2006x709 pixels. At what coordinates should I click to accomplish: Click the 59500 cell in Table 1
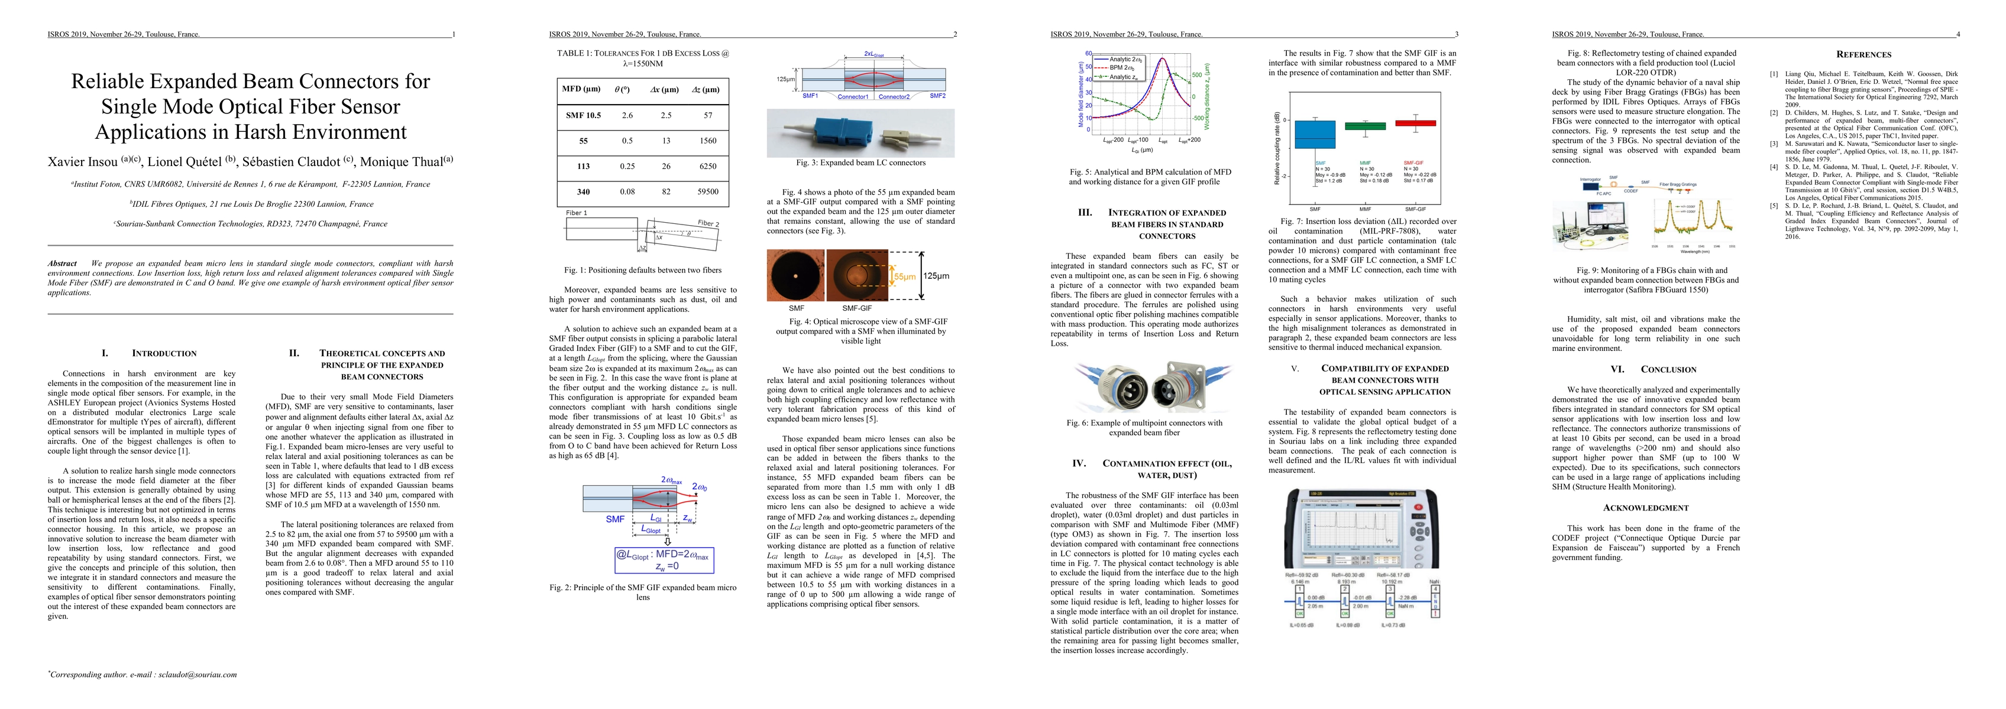click(707, 191)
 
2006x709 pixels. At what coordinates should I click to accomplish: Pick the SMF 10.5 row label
click(583, 115)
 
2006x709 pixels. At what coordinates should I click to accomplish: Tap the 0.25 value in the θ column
click(627, 166)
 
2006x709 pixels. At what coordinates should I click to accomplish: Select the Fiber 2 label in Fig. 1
click(708, 223)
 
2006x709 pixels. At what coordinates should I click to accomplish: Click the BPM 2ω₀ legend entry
click(1126, 68)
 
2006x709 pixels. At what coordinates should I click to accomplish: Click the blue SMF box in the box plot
click(1315, 134)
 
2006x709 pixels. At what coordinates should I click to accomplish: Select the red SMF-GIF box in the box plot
click(1415, 123)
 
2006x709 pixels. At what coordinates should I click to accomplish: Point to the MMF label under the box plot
click(1365, 209)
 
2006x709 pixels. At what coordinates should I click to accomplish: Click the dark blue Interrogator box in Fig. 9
click(1590, 186)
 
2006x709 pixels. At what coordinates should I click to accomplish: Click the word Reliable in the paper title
click(108, 82)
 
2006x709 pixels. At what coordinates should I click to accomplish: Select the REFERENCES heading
click(1863, 54)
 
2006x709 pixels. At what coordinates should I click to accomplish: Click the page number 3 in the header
click(1456, 34)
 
